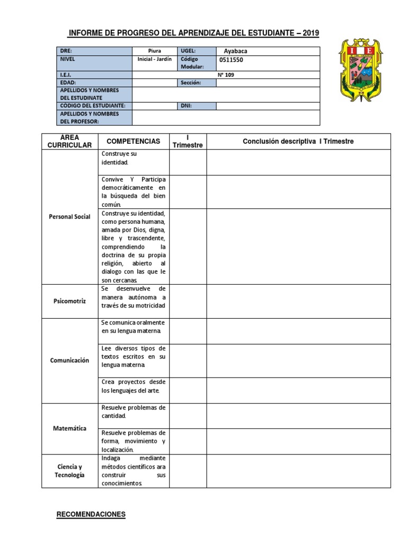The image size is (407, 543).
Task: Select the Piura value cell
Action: pyautogui.click(x=154, y=51)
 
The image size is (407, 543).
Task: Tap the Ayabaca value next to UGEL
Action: pyautogui.click(x=236, y=51)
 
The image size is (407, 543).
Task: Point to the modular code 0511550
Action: pyautogui.click(x=232, y=60)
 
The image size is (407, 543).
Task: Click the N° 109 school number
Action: pyautogui.click(x=226, y=75)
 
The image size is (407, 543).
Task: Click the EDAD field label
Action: pyautogui.click(x=68, y=83)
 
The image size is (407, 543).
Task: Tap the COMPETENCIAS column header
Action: pyautogui.click(x=133, y=141)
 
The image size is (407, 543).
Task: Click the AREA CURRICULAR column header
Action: pyautogui.click(x=69, y=141)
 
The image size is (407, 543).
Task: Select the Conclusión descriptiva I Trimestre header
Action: pyautogui.click(x=298, y=141)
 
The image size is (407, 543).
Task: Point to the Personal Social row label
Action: pyautogui.click(x=69, y=216)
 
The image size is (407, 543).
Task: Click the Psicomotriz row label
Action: pyautogui.click(x=69, y=300)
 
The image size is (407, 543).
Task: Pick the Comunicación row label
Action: pyautogui.click(x=69, y=360)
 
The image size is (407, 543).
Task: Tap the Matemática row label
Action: pyautogui.click(x=69, y=428)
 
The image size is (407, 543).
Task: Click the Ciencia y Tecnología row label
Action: pyautogui.click(x=69, y=470)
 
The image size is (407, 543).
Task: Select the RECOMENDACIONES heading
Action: pyautogui.click(x=91, y=514)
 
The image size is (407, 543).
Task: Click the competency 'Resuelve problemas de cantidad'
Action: pyautogui.click(x=133, y=411)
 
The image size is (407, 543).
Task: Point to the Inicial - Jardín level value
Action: pyautogui.click(x=154, y=59)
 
